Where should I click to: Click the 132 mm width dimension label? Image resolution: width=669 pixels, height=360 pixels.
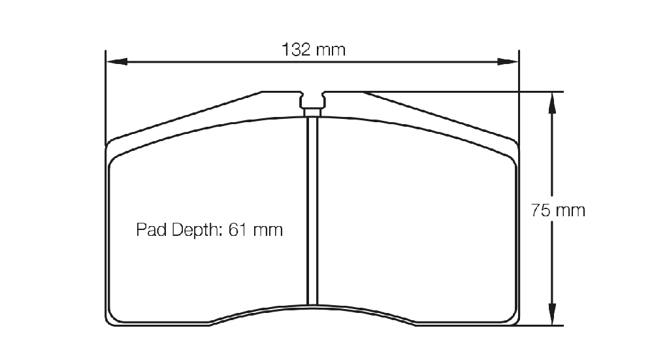pos(314,50)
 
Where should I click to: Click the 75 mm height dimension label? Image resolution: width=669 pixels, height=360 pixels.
pos(558,210)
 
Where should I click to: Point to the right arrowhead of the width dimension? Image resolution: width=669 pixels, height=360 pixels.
pos(508,62)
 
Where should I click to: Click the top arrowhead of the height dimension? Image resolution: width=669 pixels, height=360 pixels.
pos(552,103)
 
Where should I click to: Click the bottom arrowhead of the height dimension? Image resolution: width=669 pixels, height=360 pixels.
pos(552,314)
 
